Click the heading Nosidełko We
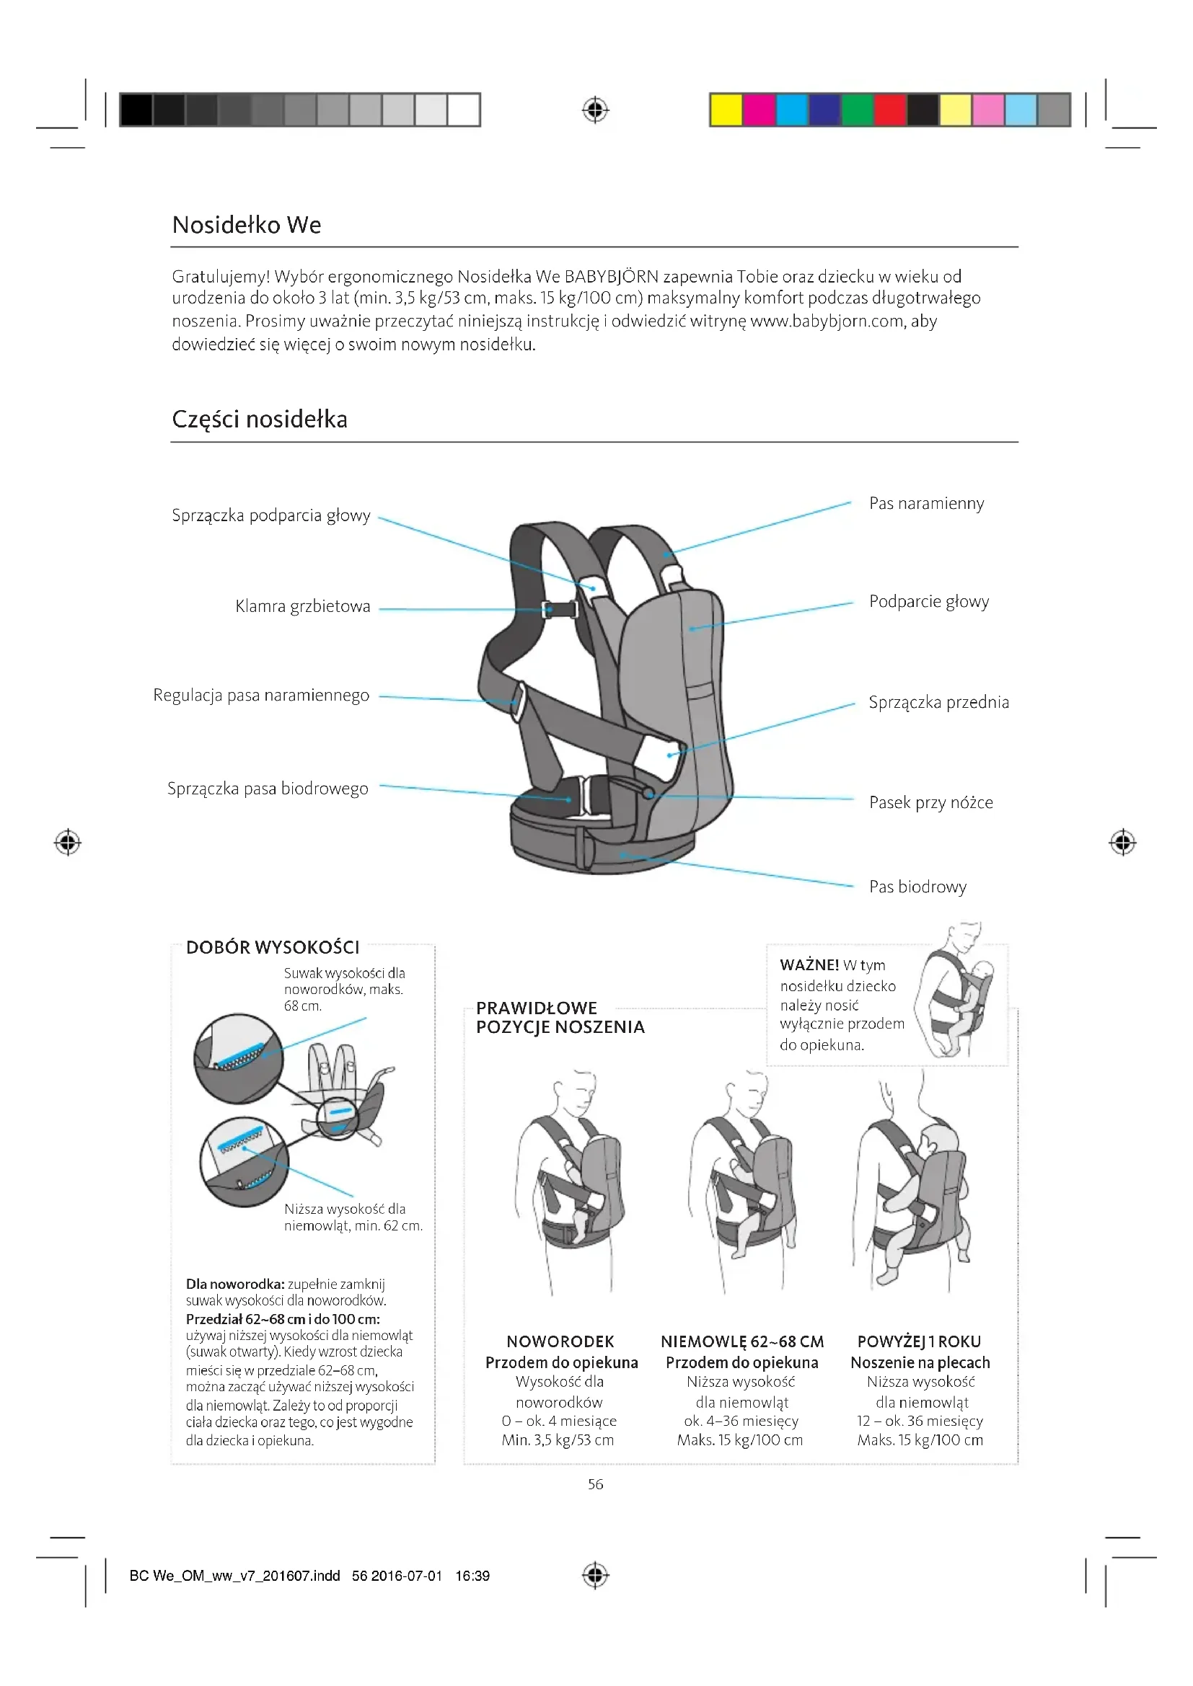tap(247, 225)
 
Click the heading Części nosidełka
tap(260, 420)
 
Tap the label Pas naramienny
tap(926, 504)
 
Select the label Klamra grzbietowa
tap(303, 606)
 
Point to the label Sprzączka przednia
tap(939, 703)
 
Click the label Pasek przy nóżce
tap(930, 802)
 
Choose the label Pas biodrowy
tap(917, 887)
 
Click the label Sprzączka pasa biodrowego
tap(268, 789)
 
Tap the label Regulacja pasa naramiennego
tap(261, 696)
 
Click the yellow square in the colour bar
tap(726, 110)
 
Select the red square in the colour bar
tap(889, 110)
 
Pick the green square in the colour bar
tap(857, 110)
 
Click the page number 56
tap(596, 1484)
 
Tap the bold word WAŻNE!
tap(809, 965)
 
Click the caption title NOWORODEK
tap(560, 1341)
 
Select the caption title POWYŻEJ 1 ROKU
tap(919, 1341)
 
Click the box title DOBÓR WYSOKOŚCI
tap(273, 947)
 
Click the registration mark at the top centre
tap(596, 110)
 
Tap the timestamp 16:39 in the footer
tap(472, 1576)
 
